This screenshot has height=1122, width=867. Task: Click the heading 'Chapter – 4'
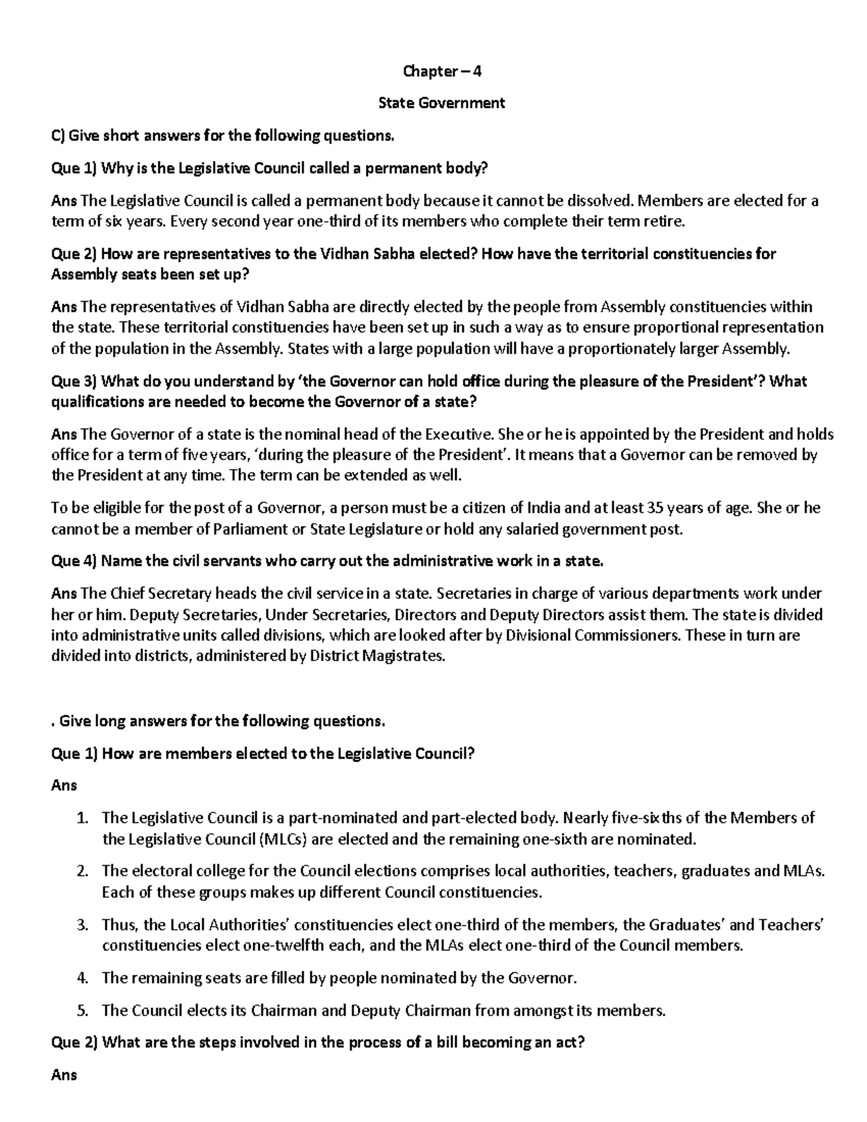click(x=441, y=72)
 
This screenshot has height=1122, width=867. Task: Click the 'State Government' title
click(x=441, y=103)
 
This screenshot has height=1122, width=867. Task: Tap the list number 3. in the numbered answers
click(x=83, y=925)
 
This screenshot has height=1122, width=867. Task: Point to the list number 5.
click(x=83, y=1010)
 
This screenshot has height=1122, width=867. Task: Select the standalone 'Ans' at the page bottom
click(x=64, y=1074)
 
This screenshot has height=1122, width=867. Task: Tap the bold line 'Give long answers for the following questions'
click(x=222, y=721)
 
